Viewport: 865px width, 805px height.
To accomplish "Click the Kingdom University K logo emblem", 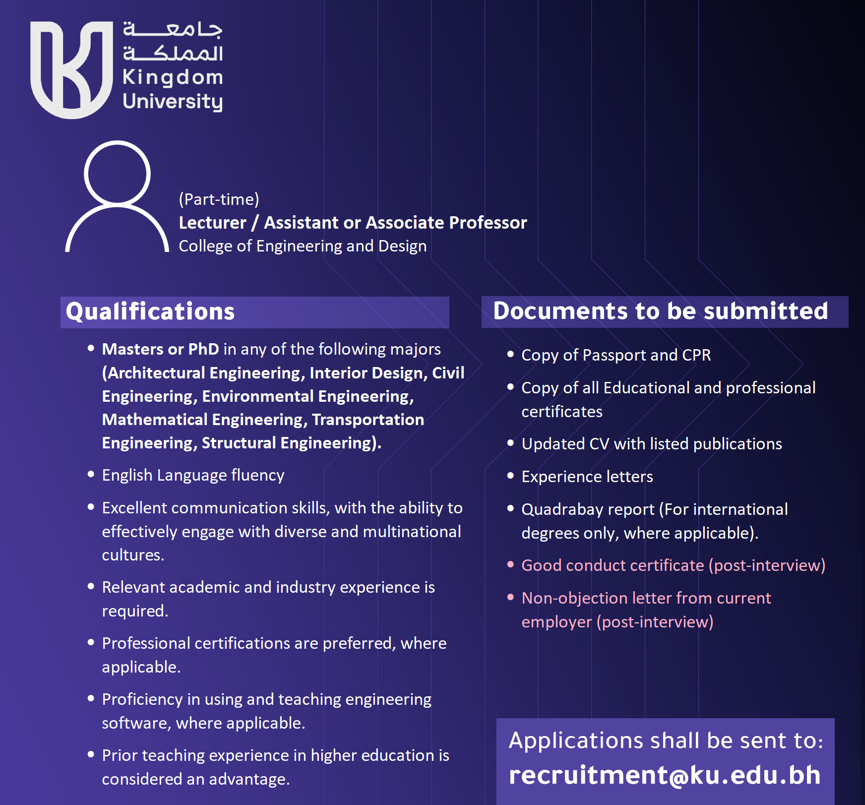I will click(72, 69).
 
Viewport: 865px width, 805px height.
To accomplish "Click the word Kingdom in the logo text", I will click(173, 77).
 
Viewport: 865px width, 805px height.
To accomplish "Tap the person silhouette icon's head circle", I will click(117, 173).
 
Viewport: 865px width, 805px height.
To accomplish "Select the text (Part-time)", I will click(219, 199).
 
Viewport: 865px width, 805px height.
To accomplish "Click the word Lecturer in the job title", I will click(212, 223).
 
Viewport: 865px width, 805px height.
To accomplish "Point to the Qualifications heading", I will click(150, 311).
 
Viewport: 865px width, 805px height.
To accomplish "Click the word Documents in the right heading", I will click(560, 311).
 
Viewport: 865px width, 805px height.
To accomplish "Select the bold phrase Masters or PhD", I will click(160, 349).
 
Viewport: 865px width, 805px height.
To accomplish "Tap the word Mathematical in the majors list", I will click(155, 420).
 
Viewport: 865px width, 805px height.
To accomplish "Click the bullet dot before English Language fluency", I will click(91, 474).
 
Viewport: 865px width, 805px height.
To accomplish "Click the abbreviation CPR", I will click(696, 355).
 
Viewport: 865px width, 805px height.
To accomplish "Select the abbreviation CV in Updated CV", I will click(599, 444).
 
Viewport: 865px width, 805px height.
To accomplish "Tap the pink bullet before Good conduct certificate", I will click(510, 564).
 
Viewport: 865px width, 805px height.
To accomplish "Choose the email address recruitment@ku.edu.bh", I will click(665, 775).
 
